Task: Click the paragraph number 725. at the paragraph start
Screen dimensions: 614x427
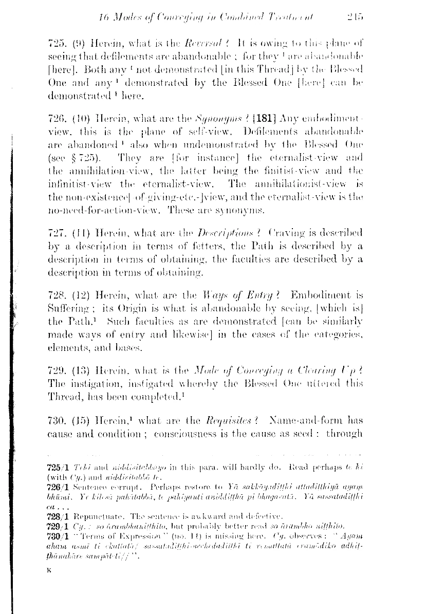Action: [56, 43]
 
